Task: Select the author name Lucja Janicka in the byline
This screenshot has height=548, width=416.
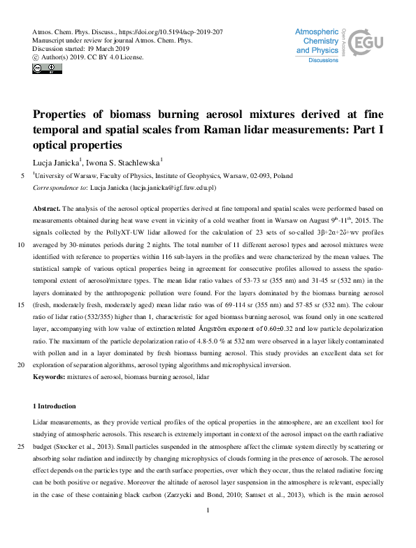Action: [x=57, y=162]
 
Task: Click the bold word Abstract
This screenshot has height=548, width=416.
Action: [x=48, y=209]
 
